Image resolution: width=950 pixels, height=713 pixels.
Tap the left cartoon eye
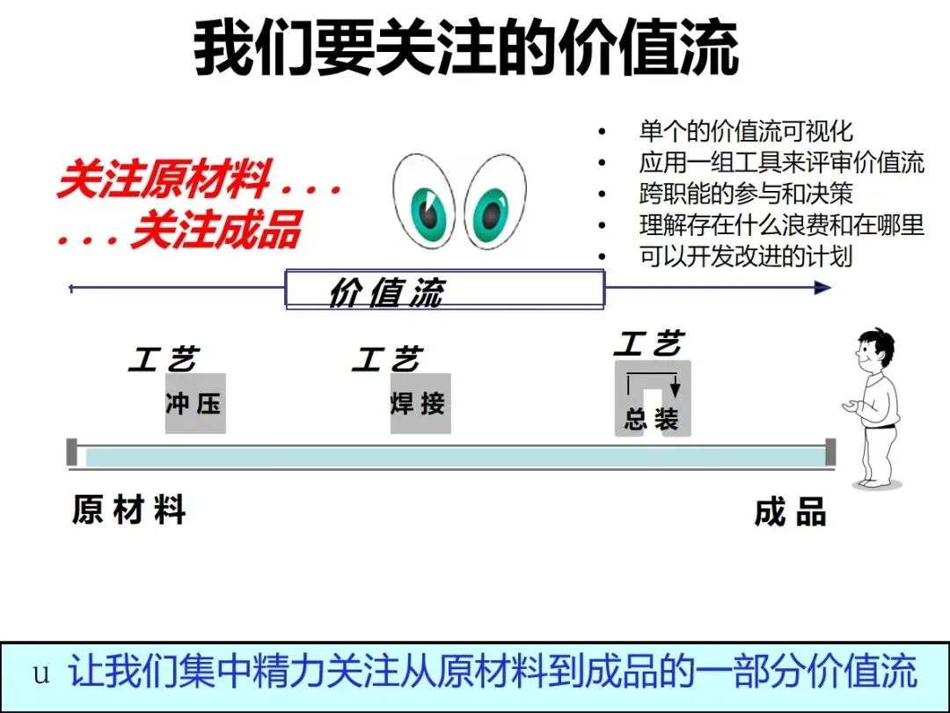[425, 202]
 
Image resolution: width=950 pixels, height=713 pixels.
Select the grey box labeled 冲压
[195, 404]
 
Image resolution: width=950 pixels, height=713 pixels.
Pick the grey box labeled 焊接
[420, 404]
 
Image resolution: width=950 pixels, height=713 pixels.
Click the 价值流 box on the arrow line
[445, 289]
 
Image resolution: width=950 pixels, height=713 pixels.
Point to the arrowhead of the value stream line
[822, 288]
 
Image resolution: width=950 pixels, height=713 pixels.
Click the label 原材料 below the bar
[129, 511]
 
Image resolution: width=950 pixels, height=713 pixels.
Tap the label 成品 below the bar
[791, 512]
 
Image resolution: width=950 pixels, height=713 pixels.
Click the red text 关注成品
[216, 231]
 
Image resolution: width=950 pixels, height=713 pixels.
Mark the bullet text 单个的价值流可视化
[746, 132]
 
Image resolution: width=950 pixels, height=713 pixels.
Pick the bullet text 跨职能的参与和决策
[746, 194]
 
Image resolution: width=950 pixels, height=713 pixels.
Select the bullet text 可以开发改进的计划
[746, 256]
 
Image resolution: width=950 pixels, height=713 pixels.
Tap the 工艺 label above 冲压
[164, 359]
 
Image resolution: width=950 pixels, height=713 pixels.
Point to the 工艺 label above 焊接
[388, 359]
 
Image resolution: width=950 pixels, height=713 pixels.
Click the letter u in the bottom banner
[41, 675]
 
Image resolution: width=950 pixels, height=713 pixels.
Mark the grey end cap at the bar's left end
[72, 452]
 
